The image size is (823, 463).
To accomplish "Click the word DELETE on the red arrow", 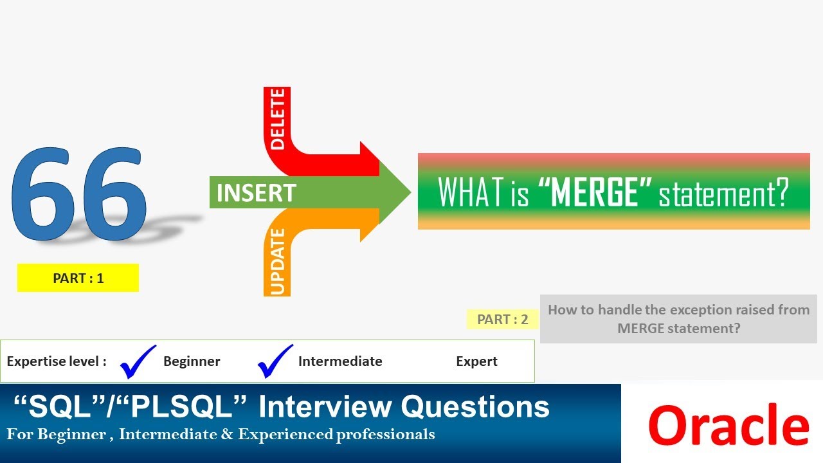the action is click(x=277, y=119).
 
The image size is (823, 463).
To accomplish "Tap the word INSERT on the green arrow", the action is click(x=256, y=192).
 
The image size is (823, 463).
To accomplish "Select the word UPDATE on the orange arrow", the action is click(x=277, y=262).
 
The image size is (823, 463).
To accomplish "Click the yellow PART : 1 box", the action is click(x=78, y=278).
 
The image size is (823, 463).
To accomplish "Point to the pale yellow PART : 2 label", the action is click(x=503, y=320).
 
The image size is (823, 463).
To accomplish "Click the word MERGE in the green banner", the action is click(x=595, y=192).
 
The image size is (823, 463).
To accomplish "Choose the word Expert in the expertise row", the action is click(x=476, y=361).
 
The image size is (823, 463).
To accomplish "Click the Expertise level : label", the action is click(x=57, y=361).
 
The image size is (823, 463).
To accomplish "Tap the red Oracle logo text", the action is click(x=728, y=425).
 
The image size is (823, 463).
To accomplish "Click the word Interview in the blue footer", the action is click(x=325, y=406).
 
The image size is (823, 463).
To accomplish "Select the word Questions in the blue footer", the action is click(x=475, y=406).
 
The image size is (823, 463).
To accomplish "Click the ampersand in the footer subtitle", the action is click(x=228, y=434).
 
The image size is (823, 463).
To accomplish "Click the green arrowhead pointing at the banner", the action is click(x=395, y=192).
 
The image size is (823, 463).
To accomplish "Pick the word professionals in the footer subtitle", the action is click(x=385, y=435).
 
